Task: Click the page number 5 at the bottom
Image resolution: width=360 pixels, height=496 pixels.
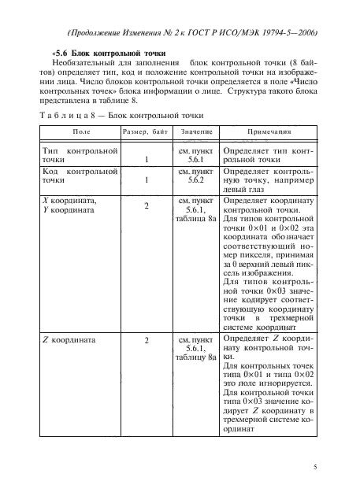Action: (x=314, y=467)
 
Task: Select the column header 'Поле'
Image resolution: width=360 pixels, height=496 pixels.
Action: (x=80, y=133)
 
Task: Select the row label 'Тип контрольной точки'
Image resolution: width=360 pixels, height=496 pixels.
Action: (x=80, y=154)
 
